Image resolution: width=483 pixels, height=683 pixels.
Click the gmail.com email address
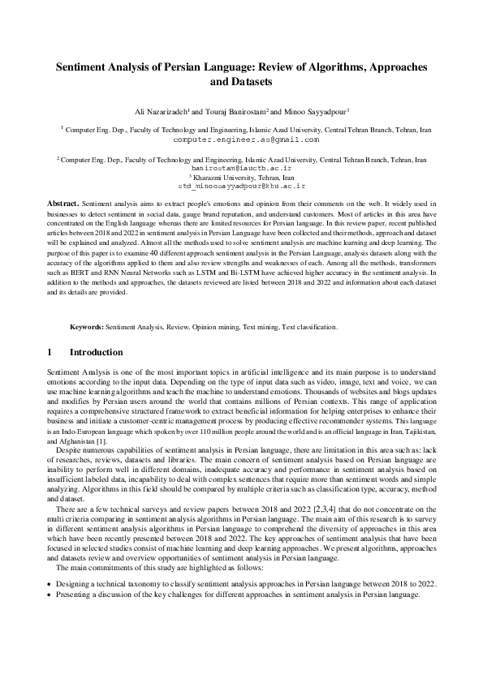coord(241,140)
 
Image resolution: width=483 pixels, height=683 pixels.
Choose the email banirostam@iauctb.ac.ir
coord(241,168)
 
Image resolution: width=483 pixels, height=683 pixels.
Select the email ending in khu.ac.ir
coord(241,185)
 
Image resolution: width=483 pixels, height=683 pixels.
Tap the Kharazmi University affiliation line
coord(242,177)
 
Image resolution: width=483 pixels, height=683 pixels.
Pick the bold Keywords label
coord(87,327)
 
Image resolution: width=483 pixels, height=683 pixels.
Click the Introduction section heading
coord(96,353)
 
